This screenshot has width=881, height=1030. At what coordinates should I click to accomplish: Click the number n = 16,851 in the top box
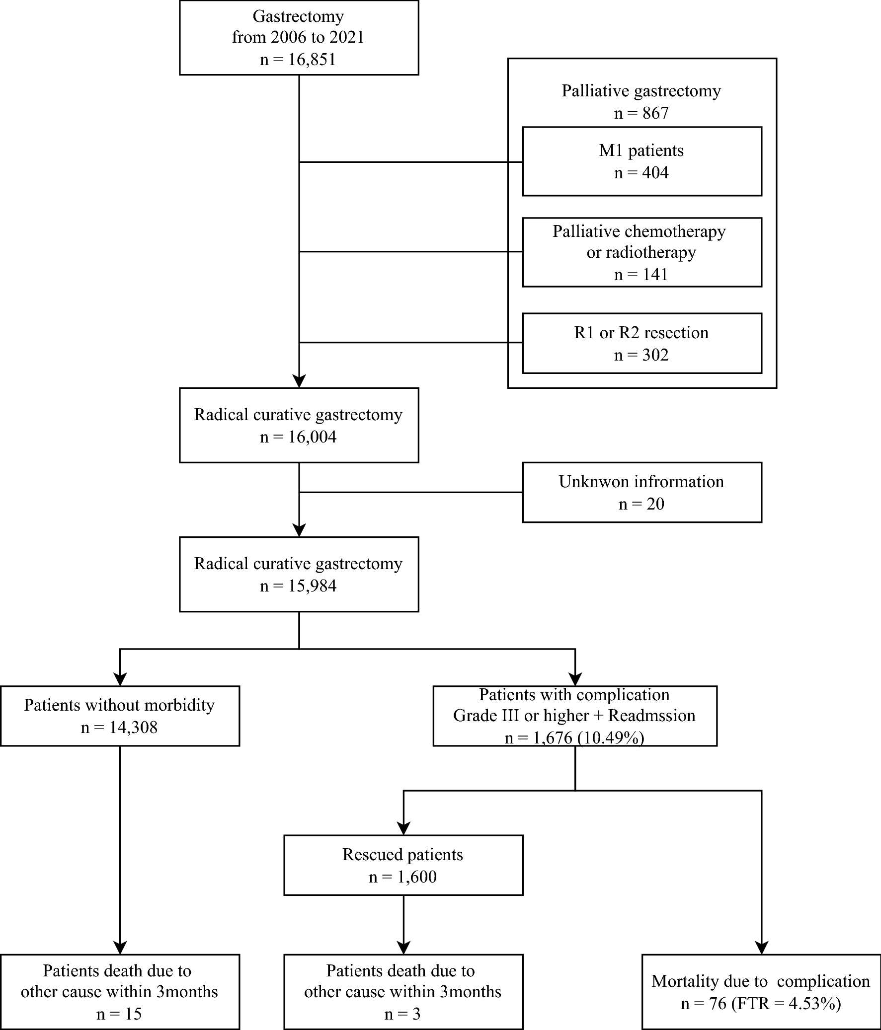tap(298, 60)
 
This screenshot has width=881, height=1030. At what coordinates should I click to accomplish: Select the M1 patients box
tap(641, 161)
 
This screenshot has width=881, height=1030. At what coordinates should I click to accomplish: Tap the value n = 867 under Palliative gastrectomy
tap(641, 113)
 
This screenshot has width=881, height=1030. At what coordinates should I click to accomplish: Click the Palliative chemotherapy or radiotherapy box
tap(641, 252)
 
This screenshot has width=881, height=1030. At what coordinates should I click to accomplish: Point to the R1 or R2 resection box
tap(641, 343)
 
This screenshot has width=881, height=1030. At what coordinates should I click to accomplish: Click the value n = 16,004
tap(298, 437)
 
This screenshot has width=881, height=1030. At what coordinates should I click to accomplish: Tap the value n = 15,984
tap(298, 586)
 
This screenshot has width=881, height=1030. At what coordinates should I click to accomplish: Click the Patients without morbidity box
tap(120, 716)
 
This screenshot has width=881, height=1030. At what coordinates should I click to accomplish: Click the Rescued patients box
tap(403, 865)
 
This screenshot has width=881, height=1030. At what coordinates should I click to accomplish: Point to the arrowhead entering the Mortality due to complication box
tap(762, 948)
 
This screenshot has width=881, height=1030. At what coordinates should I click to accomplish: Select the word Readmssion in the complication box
tap(651, 716)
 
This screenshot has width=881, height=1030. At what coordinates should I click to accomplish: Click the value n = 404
tap(641, 173)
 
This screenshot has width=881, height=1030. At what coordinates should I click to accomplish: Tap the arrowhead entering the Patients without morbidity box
tap(120, 679)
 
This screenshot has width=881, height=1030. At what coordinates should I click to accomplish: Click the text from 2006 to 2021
tap(298, 37)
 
